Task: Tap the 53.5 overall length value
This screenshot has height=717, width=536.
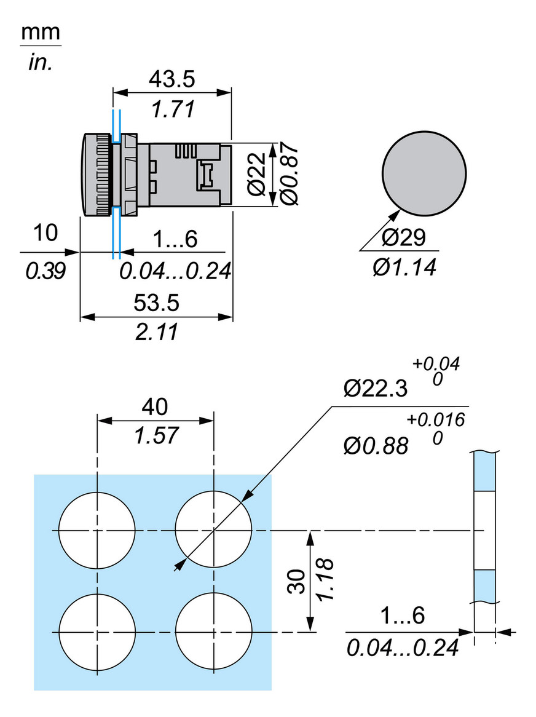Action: tap(156, 303)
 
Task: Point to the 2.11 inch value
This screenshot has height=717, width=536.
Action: tap(156, 333)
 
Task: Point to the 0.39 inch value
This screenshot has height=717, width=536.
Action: tap(45, 271)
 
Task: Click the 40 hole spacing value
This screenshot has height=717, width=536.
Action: tap(155, 406)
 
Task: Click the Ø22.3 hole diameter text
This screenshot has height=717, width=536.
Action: tap(376, 389)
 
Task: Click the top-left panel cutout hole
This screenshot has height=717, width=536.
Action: tap(97, 530)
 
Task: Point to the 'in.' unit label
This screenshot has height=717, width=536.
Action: tap(41, 63)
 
